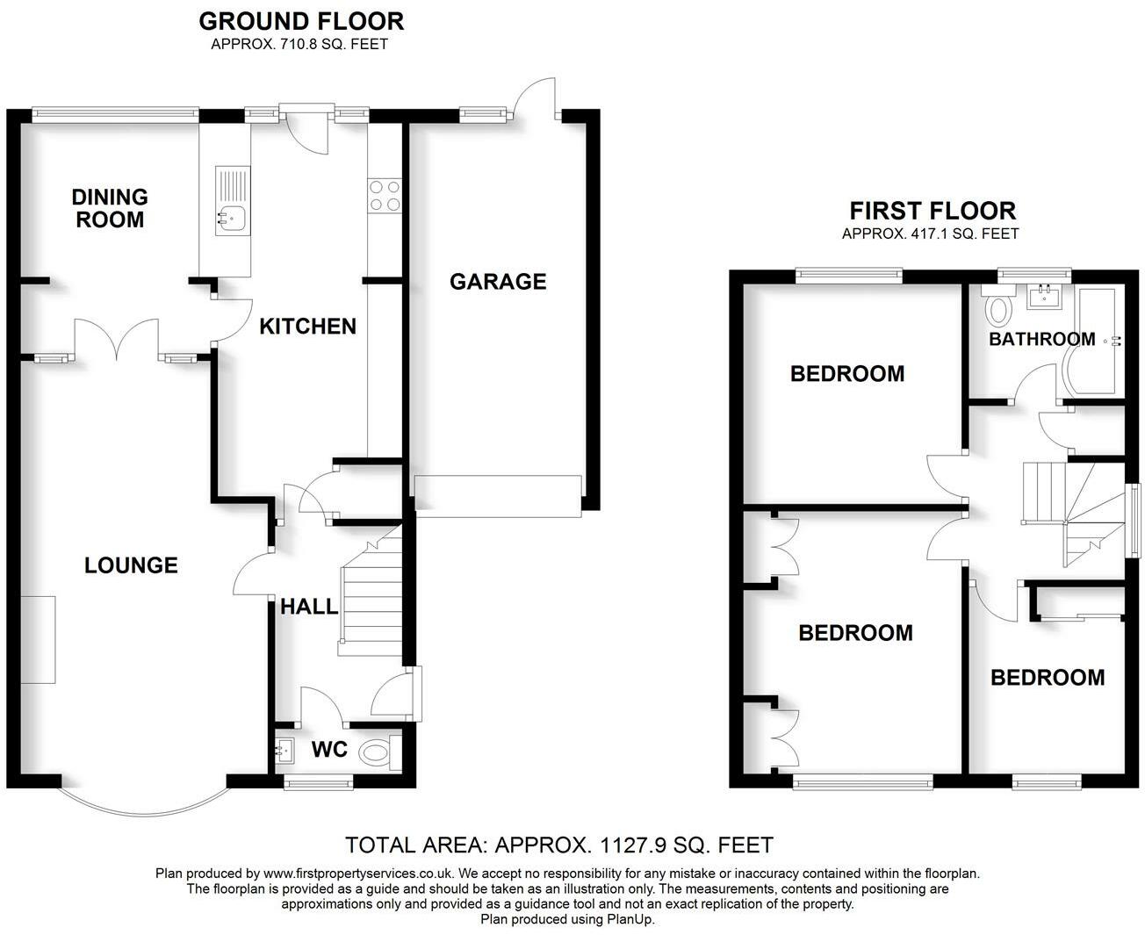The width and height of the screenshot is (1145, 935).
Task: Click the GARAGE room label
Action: (x=498, y=281)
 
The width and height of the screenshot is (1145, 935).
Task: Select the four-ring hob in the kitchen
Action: (x=384, y=196)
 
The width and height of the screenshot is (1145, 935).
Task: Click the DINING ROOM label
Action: (x=110, y=208)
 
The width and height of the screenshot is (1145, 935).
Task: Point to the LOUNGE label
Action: (x=131, y=565)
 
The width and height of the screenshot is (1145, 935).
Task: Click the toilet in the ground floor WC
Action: (x=380, y=752)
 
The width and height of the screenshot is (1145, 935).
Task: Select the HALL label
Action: (x=308, y=606)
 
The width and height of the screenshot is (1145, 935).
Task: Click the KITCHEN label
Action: (x=307, y=327)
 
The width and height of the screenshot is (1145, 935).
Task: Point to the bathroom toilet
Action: (x=998, y=308)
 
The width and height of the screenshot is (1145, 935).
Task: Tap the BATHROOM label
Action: (x=1041, y=339)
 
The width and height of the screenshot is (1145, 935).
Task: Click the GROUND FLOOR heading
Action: (x=301, y=21)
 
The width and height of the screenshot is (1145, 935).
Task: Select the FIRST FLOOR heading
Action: (x=933, y=211)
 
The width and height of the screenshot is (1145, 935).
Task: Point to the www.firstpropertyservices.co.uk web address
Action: (x=357, y=874)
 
